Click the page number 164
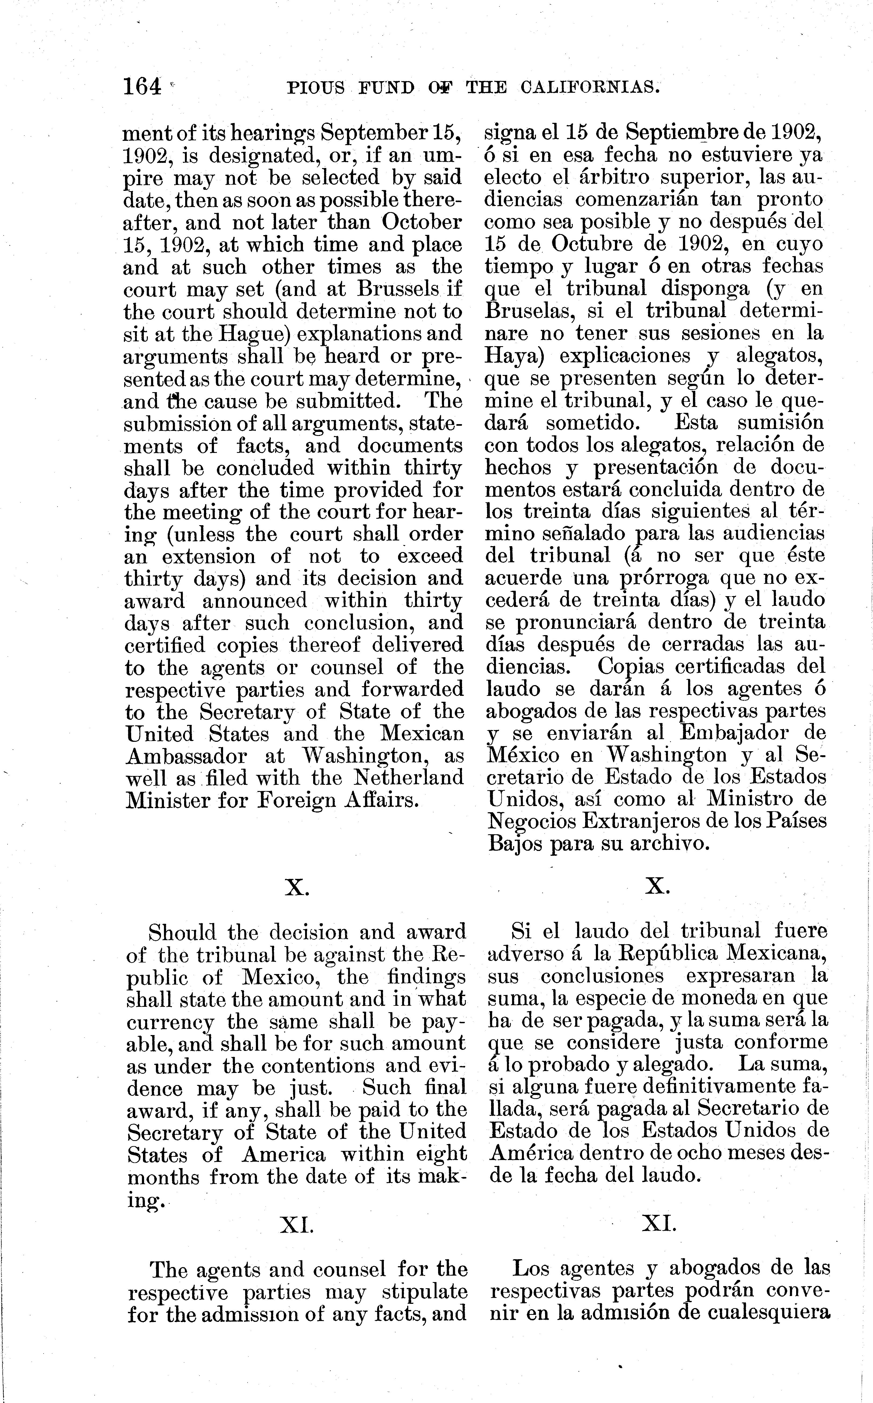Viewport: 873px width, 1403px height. point(142,87)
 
